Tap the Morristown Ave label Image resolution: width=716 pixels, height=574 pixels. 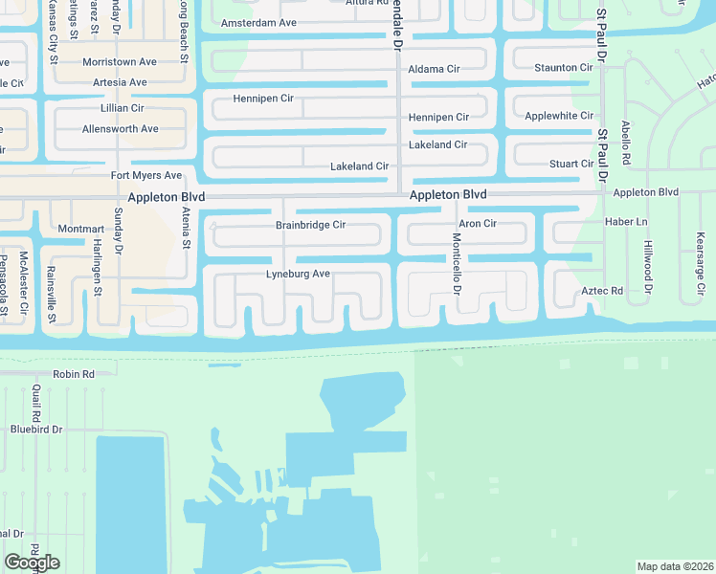[x=120, y=62]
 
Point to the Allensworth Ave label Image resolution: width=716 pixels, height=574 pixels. [x=120, y=129]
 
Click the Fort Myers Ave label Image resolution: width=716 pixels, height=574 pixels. [x=145, y=176]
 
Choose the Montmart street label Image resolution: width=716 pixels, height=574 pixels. [x=80, y=230]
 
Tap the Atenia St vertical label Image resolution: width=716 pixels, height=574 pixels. [x=185, y=229]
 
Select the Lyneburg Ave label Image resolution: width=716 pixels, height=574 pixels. [x=298, y=275]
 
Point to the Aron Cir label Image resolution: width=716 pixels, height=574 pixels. [x=477, y=224]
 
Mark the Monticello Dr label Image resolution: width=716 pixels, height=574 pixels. [x=457, y=264]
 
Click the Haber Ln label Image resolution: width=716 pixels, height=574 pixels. [x=627, y=222]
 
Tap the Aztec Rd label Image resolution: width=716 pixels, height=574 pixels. [x=602, y=290]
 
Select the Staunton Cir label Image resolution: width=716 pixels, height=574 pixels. [x=563, y=68]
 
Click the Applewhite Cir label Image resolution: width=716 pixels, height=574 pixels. [x=559, y=116]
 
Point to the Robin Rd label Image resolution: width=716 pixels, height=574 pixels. [x=74, y=374]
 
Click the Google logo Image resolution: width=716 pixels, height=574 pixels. [x=32, y=562]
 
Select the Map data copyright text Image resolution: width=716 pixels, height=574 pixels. [x=675, y=566]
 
